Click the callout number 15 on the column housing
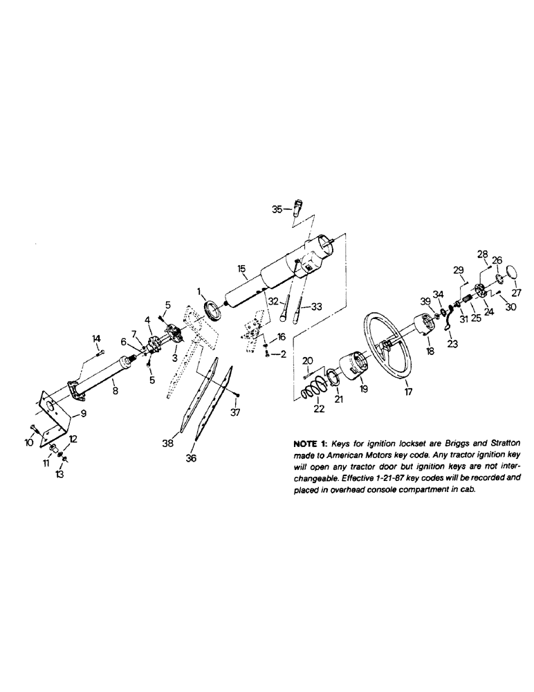coord(241,268)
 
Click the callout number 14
coord(96,338)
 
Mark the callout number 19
coord(364,389)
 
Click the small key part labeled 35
coord(298,207)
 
